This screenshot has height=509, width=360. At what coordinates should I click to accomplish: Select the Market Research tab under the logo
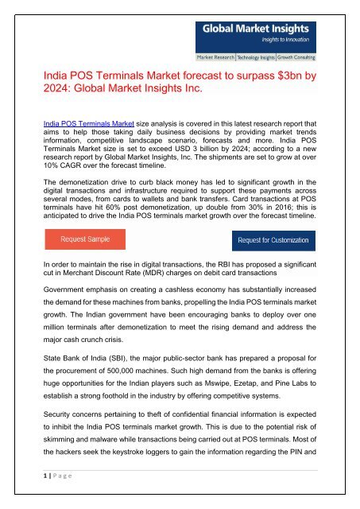click(x=220, y=59)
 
